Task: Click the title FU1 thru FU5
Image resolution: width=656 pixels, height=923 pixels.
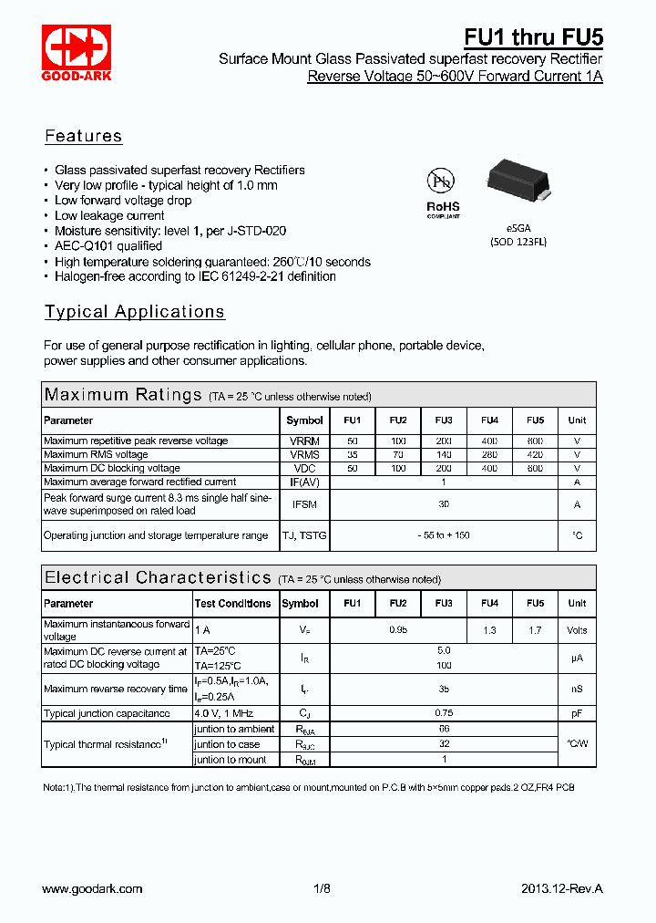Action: (x=533, y=37)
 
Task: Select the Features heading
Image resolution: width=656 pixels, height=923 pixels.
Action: (x=83, y=137)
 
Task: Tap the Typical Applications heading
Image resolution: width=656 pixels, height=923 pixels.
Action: (x=135, y=312)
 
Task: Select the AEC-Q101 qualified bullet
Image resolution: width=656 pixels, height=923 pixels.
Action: (x=108, y=246)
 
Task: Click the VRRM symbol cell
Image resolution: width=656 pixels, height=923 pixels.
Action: (x=304, y=441)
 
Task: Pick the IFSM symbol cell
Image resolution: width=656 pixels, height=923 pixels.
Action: (x=304, y=504)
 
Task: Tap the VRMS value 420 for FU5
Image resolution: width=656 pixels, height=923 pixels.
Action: (x=535, y=454)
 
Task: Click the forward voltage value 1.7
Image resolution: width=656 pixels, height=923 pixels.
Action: (x=535, y=630)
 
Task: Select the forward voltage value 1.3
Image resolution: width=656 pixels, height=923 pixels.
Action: (x=489, y=630)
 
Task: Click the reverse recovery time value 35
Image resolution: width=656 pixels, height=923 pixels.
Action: (x=444, y=690)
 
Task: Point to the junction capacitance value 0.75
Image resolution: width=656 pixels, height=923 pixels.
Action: (x=444, y=713)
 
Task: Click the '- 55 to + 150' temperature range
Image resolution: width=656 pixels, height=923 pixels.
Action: (x=444, y=535)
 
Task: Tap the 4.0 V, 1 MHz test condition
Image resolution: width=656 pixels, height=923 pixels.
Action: (x=224, y=713)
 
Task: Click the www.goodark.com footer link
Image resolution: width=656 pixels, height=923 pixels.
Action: (x=93, y=888)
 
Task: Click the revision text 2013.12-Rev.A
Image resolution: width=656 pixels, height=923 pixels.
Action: (x=562, y=888)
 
